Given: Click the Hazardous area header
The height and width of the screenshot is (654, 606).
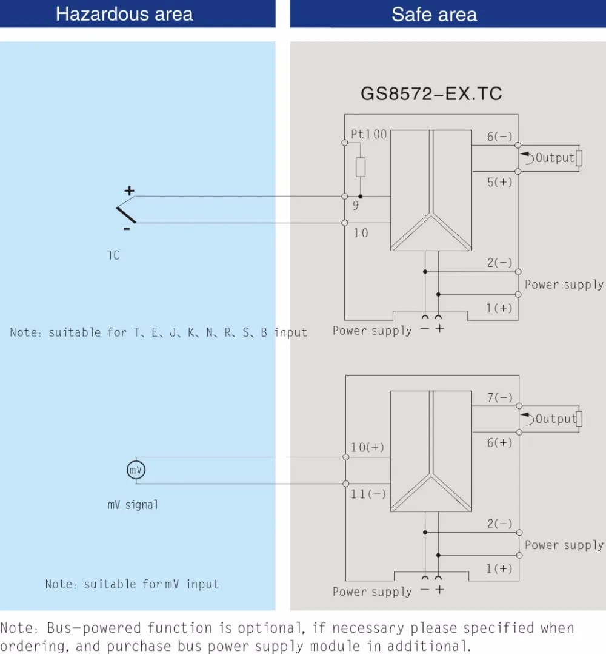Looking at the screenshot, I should [x=124, y=14].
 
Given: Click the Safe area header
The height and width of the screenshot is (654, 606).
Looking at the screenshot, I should [x=434, y=14].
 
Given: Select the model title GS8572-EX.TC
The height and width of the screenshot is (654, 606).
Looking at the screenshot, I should [x=431, y=93].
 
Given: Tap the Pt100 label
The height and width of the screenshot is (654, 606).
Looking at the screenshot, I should [x=368, y=134].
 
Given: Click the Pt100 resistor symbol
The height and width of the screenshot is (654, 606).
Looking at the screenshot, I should [x=361, y=167].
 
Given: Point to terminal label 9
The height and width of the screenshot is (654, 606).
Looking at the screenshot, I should [x=356, y=206].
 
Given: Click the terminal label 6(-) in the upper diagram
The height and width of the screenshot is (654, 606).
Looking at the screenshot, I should [x=499, y=137].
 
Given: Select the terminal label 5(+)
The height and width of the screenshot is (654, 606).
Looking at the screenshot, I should [x=499, y=182].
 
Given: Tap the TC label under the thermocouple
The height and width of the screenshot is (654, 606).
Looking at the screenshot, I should [x=113, y=255].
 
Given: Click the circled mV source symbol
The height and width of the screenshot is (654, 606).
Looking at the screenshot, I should [x=135, y=470].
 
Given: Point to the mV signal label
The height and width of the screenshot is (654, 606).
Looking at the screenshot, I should [x=133, y=505].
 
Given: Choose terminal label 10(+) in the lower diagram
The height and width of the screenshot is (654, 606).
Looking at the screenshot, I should [x=367, y=448].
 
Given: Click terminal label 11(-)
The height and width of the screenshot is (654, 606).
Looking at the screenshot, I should [x=368, y=494].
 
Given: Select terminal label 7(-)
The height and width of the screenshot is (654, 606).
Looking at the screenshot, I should [x=499, y=398].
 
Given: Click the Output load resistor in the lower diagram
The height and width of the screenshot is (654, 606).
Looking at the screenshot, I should [x=579, y=419].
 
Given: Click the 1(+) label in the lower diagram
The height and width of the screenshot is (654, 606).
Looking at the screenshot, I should [x=499, y=569].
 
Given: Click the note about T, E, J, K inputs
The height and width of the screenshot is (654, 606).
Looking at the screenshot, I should [x=158, y=332].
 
